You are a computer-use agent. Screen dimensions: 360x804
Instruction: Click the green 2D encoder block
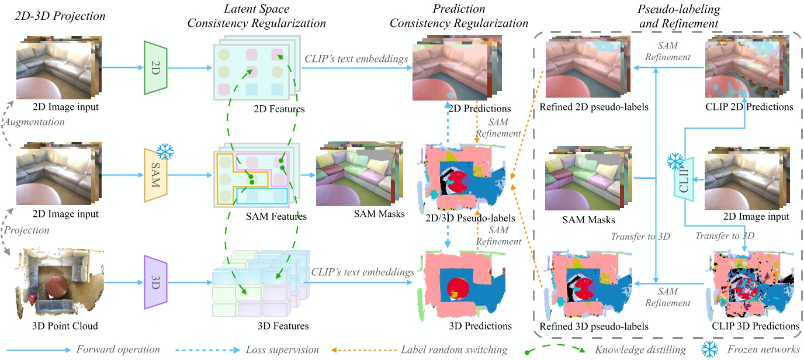coord(155,67)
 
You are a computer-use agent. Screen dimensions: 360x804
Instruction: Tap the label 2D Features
coord(279,109)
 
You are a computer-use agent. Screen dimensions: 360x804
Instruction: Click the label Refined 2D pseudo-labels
coord(590,107)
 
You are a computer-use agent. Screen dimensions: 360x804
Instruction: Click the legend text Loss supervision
coord(283,349)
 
